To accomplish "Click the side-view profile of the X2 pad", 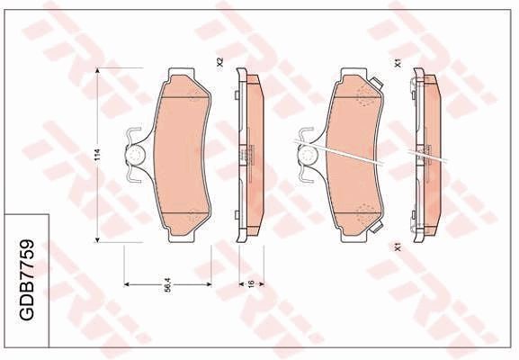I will pyautogui.click(x=246, y=155).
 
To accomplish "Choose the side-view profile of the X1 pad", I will pyautogui.click(x=425, y=155).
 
